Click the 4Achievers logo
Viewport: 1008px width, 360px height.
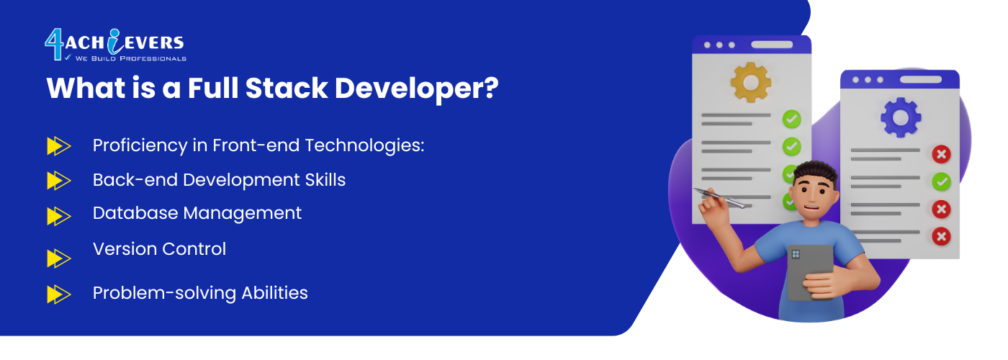coord(115,45)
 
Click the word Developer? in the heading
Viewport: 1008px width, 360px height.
coord(417,89)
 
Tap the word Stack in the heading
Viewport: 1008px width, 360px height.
coord(287,88)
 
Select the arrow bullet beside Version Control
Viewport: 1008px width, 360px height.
coord(59,258)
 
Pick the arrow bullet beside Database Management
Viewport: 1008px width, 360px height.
coord(59,216)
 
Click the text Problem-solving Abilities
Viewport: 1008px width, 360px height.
coord(200,294)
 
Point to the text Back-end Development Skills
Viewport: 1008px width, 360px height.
coord(219,180)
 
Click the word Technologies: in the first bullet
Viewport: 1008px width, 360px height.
coord(364,145)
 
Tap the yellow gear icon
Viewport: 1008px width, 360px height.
coord(751,82)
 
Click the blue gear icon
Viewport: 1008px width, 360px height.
coord(901,117)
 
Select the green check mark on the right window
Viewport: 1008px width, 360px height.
coord(941,181)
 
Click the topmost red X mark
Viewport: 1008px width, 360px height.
coord(941,154)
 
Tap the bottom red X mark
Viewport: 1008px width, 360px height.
coord(941,236)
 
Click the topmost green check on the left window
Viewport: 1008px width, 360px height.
coord(791,120)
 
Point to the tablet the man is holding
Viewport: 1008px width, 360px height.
coord(810,272)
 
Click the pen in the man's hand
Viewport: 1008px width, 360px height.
coord(719,198)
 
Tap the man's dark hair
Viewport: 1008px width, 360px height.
coord(815,172)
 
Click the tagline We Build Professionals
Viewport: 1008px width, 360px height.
coord(131,58)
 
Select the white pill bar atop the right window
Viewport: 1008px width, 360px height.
coord(921,80)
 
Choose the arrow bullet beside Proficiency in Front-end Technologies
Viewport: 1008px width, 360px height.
coord(59,145)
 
